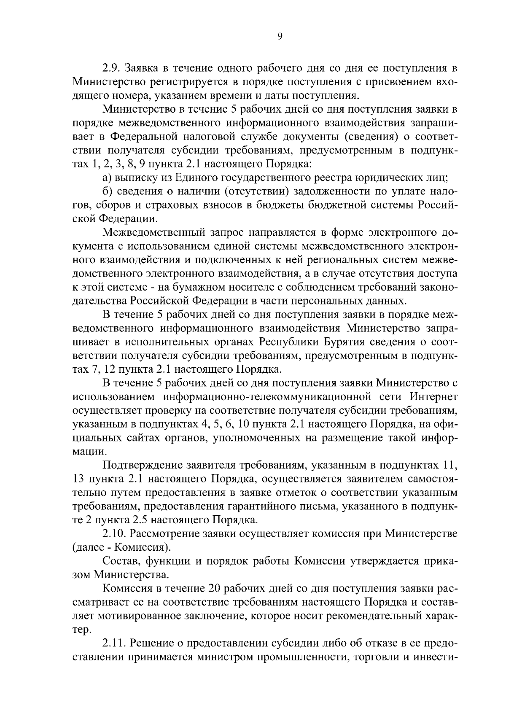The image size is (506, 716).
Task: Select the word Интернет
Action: coord(433,397)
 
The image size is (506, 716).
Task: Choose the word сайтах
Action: coord(147,438)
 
